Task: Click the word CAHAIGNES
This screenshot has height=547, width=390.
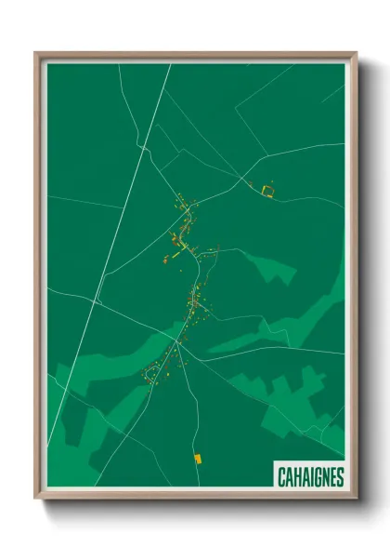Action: click(x=310, y=477)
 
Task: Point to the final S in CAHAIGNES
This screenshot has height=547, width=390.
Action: click(x=339, y=477)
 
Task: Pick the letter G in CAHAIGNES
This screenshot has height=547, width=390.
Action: click(x=317, y=477)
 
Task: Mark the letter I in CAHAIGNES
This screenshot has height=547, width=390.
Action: click(x=310, y=477)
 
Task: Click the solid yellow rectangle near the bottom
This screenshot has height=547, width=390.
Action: click(x=196, y=458)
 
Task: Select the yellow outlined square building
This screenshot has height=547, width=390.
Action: click(x=267, y=191)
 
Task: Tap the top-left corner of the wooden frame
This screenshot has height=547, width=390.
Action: click(x=36, y=54)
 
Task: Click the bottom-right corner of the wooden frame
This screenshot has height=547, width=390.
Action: click(x=356, y=498)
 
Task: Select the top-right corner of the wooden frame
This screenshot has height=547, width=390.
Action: click(x=356, y=54)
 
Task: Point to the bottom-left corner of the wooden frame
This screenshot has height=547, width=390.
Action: click(x=36, y=498)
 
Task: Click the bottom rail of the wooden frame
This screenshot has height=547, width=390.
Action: click(x=195, y=495)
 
